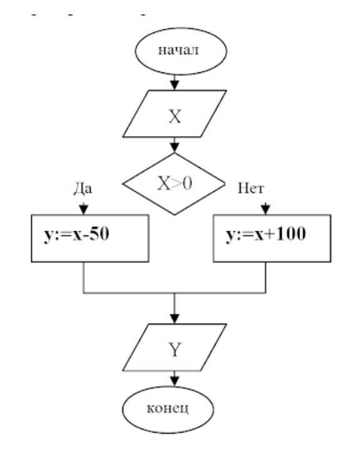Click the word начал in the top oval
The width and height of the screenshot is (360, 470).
(x=178, y=51)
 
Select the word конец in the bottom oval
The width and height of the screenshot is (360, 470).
(x=167, y=408)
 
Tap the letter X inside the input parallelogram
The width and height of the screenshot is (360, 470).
(x=175, y=116)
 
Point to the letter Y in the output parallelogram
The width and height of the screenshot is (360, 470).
(x=175, y=349)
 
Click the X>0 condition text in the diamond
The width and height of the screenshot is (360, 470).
(x=174, y=184)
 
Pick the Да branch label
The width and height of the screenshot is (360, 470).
(x=82, y=189)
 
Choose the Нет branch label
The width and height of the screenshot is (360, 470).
(x=251, y=189)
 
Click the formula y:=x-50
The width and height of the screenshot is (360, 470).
(x=76, y=234)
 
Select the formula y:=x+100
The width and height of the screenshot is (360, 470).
(x=266, y=234)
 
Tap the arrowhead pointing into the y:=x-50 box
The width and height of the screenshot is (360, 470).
(x=84, y=209)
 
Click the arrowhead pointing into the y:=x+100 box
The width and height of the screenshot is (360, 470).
(x=266, y=209)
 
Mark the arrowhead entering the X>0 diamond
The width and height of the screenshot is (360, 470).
(x=175, y=147)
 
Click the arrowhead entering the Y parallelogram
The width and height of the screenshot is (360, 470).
(x=175, y=319)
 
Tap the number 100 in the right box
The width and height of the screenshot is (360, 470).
(x=291, y=234)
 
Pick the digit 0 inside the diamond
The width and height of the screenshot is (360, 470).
(x=187, y=184)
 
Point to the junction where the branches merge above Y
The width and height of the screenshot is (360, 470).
(x=174, y=292)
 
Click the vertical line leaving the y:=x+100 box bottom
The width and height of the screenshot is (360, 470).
(x=266, y=277)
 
